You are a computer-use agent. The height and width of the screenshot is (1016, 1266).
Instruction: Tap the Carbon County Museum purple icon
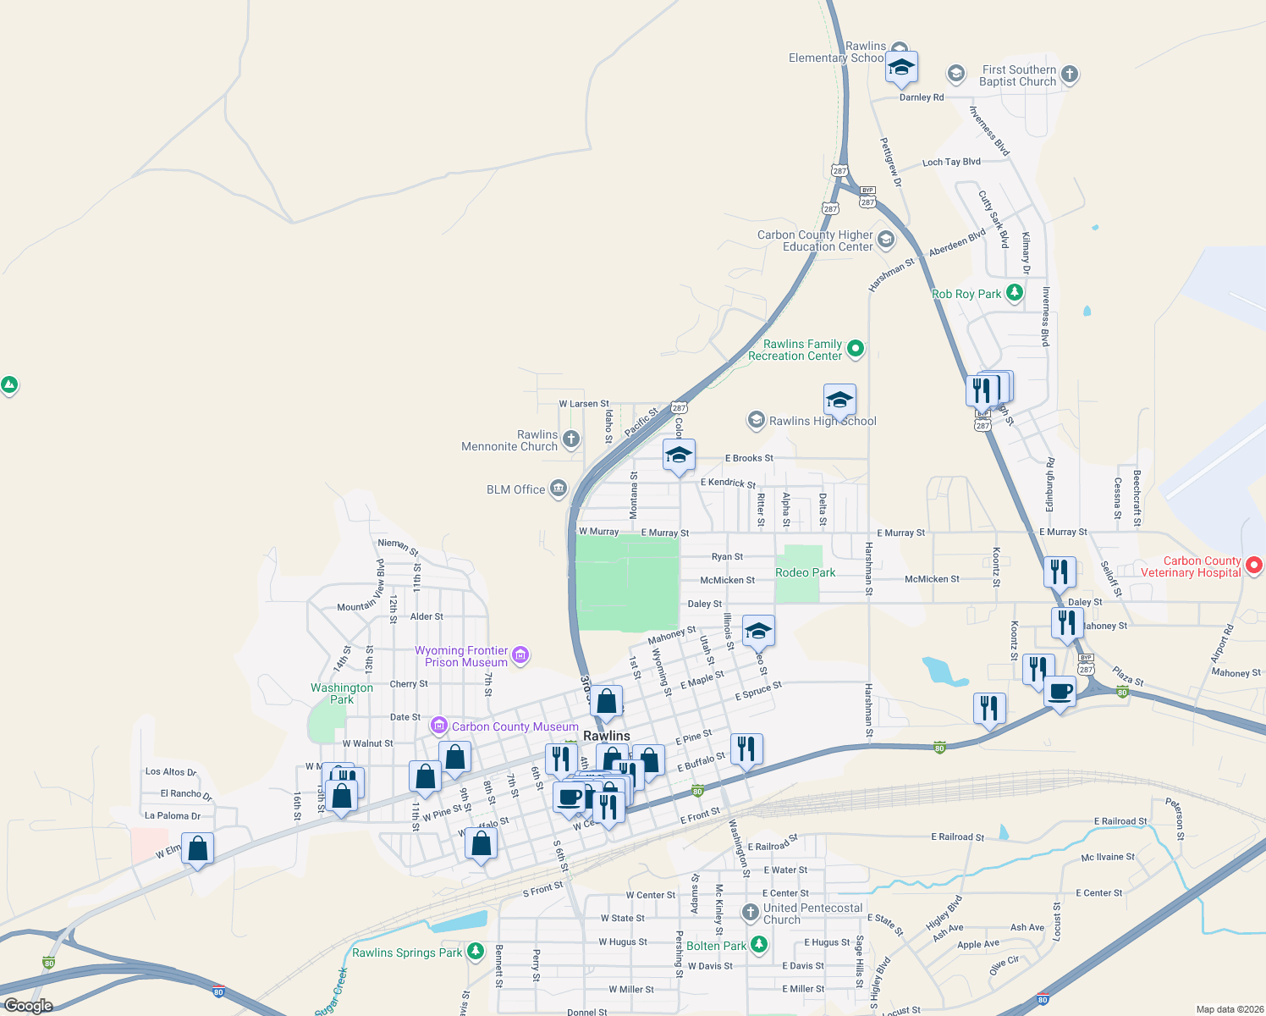tap(438, 726)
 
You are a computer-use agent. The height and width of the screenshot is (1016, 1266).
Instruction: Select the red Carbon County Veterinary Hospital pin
tap(1254, 565)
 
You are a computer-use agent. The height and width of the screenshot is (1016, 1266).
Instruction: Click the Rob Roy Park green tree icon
tap(1014, 293)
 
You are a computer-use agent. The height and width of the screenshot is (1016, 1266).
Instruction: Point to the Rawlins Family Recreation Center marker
tap(856, 348)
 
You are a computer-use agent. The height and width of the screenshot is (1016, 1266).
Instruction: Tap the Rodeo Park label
tap(805, 573)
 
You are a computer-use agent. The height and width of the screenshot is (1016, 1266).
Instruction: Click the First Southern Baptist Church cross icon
tap(1070, 75)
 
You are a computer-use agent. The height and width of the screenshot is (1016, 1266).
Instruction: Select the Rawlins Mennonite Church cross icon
tap(571, 439)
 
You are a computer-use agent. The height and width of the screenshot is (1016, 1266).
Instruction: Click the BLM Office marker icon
tap(558, 489)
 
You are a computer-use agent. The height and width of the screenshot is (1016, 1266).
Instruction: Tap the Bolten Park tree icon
tap(759, 944)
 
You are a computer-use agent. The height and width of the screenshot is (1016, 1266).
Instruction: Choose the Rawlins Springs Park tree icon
tap(476, 952)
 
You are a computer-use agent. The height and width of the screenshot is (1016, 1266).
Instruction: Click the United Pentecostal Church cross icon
tap(750, 913)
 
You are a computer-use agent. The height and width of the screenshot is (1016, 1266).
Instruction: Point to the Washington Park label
tap(342, 693)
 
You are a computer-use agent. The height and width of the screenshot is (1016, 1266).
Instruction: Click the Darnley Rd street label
tap(922, 97)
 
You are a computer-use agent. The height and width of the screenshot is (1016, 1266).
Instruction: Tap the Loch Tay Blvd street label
tap(951, 162)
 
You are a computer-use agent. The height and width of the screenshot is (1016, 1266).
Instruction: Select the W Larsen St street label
tap(584, 404)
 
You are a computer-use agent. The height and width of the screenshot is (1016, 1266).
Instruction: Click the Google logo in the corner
tap(28, 1005)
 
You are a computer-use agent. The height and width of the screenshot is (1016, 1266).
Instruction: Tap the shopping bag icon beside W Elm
tap(197, 849)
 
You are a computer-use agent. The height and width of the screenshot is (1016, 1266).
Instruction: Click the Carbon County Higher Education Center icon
tap(886, 240)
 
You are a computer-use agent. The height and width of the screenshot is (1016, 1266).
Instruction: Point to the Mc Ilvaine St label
tap(1108, 857)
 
